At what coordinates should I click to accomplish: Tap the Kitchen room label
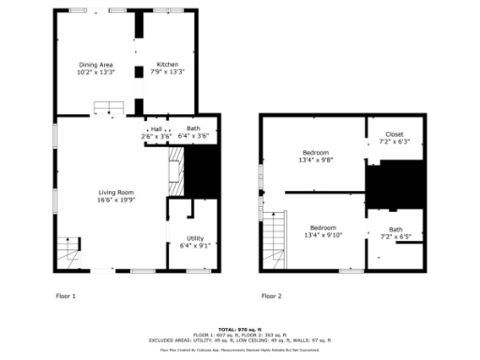[168, 64]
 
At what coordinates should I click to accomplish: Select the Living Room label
[116, 192]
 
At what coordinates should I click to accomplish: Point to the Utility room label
[194, 238]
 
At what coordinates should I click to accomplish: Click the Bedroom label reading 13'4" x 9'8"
[317, 152]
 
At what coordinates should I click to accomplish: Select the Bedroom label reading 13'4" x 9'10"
[323, 228]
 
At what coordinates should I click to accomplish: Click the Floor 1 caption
[66, 295]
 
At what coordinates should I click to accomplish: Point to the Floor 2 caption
[271, 295]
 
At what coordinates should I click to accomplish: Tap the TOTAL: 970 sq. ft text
[240, 328]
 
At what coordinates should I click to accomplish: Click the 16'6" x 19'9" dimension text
[116, 200]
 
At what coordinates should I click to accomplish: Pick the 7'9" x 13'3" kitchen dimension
[168, 71]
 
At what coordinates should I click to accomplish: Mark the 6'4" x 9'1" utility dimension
[194, 246]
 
